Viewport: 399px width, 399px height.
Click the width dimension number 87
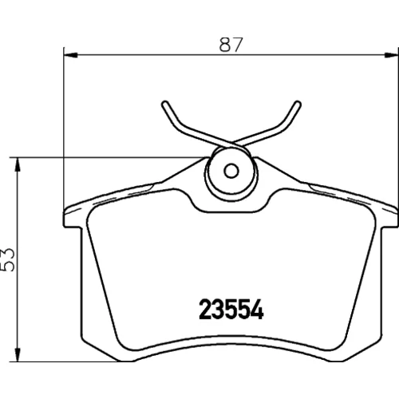tap(231, 45)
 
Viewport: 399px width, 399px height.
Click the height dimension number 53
tap(8, 259)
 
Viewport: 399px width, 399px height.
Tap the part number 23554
tap(231, 309)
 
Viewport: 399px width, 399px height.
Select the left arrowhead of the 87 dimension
tap(71, 55)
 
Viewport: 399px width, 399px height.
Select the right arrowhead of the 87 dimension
tap(392, 55)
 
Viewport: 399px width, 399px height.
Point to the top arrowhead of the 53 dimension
tap(18, 164)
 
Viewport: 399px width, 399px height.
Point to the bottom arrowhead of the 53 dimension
tap(18, 354)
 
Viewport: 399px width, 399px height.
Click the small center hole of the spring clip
tap(231, 171)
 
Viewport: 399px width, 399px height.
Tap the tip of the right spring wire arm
tap(298, 104)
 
